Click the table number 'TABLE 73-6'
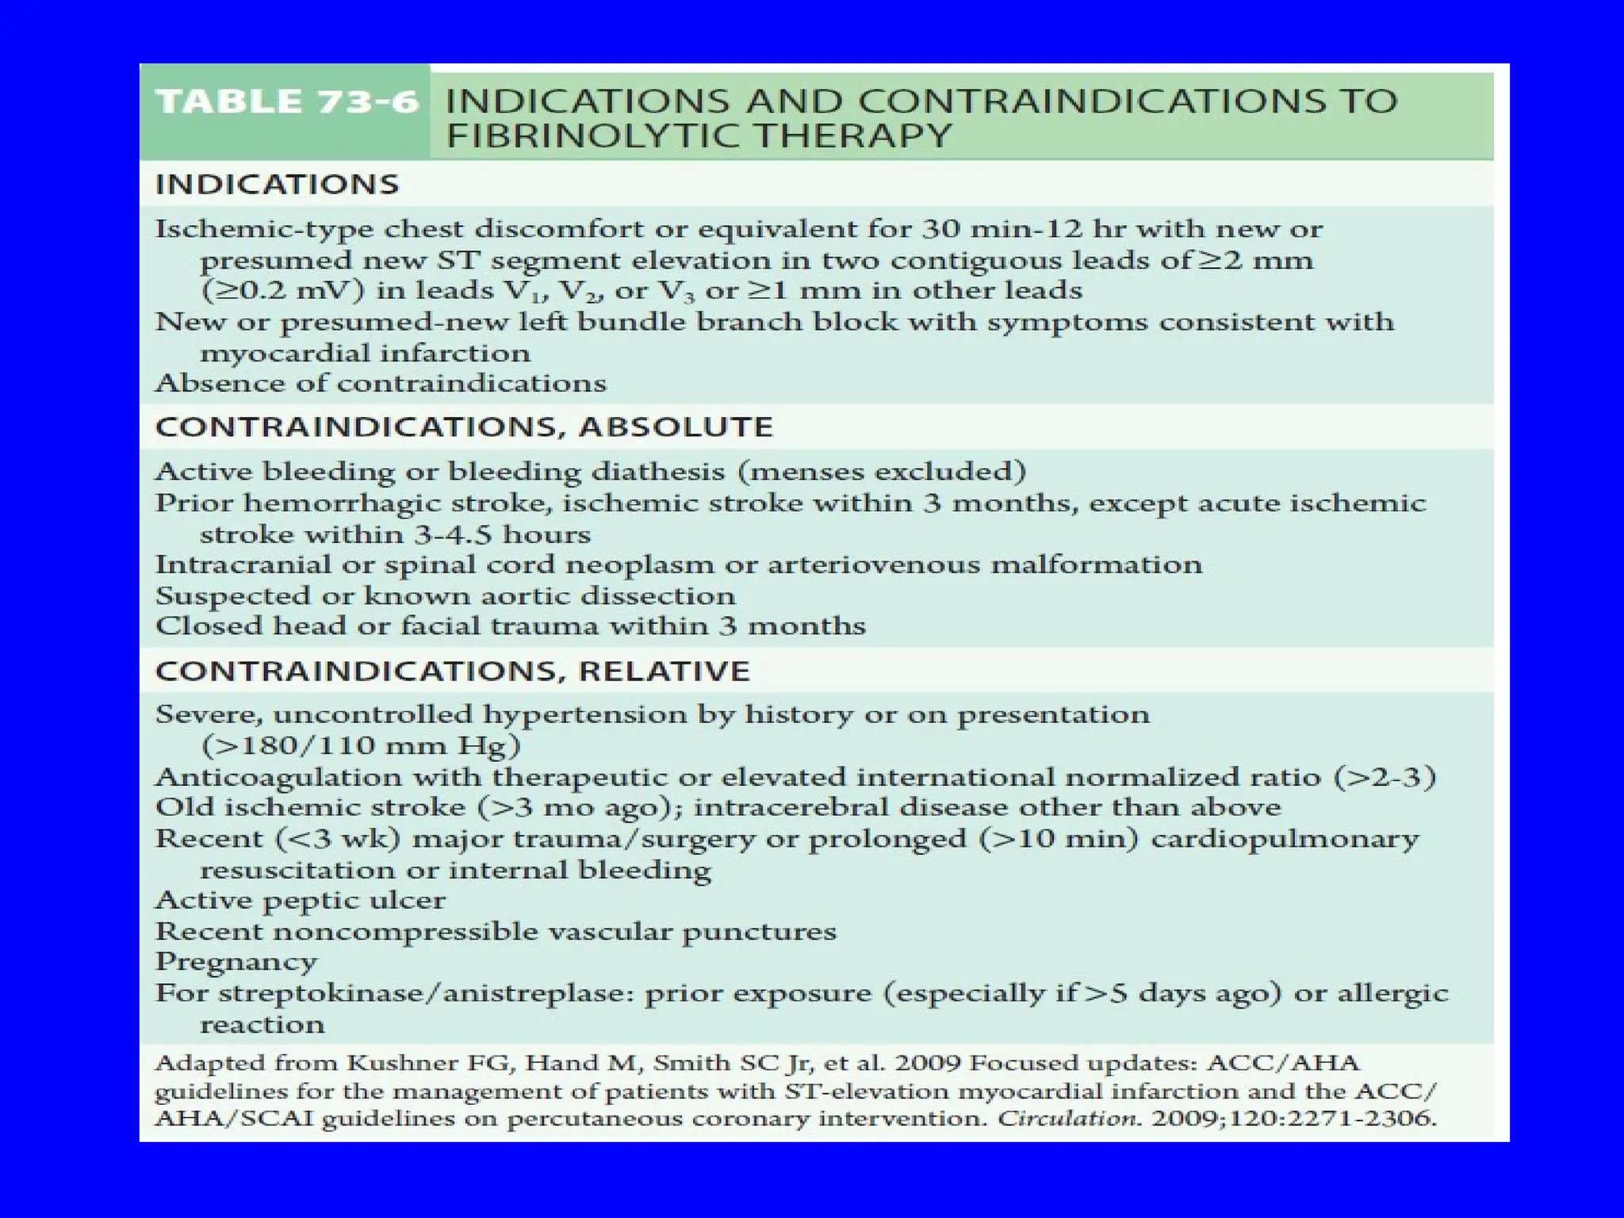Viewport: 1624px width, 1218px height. point(286,102)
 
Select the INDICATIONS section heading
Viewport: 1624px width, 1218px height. point(277,185)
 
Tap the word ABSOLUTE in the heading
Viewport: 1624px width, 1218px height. point(676,427)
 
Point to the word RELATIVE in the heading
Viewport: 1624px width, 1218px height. point(664,672)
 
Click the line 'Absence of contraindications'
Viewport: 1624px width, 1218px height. point(381,384)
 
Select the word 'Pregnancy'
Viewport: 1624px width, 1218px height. point(236,962)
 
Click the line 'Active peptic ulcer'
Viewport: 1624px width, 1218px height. point(301,901)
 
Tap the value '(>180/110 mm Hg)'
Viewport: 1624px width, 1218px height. point(361,746)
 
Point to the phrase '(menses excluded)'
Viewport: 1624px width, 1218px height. point(882,472)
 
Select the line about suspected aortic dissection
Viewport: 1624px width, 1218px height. point(445,596)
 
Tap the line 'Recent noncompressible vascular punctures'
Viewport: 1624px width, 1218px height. point(496,932)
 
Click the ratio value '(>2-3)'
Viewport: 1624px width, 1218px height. point(1385,777)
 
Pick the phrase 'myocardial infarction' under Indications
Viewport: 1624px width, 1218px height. point(365,354)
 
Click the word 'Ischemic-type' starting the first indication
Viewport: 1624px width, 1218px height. point(264,229)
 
